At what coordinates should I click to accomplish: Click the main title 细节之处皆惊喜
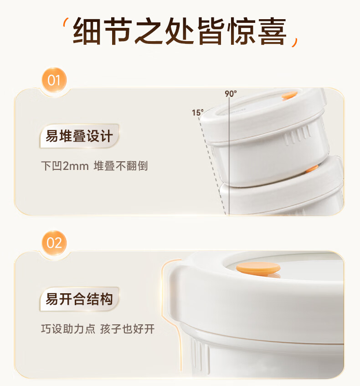point(180,31)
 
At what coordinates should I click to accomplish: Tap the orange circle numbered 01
point(54,80)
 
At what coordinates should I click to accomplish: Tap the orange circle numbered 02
point(54,243)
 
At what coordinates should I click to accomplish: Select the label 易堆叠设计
point(79,136)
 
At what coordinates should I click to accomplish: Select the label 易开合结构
point(79,299)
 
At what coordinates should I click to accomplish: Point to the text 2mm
point(76,166)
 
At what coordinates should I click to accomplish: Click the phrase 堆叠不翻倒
point(121,166)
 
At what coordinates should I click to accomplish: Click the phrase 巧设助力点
point(68,329)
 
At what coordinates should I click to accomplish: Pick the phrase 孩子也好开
point(128,329)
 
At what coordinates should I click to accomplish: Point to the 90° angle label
point(231,94)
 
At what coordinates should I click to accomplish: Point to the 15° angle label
point(198,113)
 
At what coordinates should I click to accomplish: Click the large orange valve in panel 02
point(258,269)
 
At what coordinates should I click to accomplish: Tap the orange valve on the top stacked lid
point(290,95)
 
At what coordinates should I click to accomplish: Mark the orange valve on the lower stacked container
point(312,169)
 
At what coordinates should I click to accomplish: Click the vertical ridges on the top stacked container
point(298,136)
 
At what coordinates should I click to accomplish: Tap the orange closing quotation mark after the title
point(295,42)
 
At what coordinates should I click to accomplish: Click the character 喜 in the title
point(273,31)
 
